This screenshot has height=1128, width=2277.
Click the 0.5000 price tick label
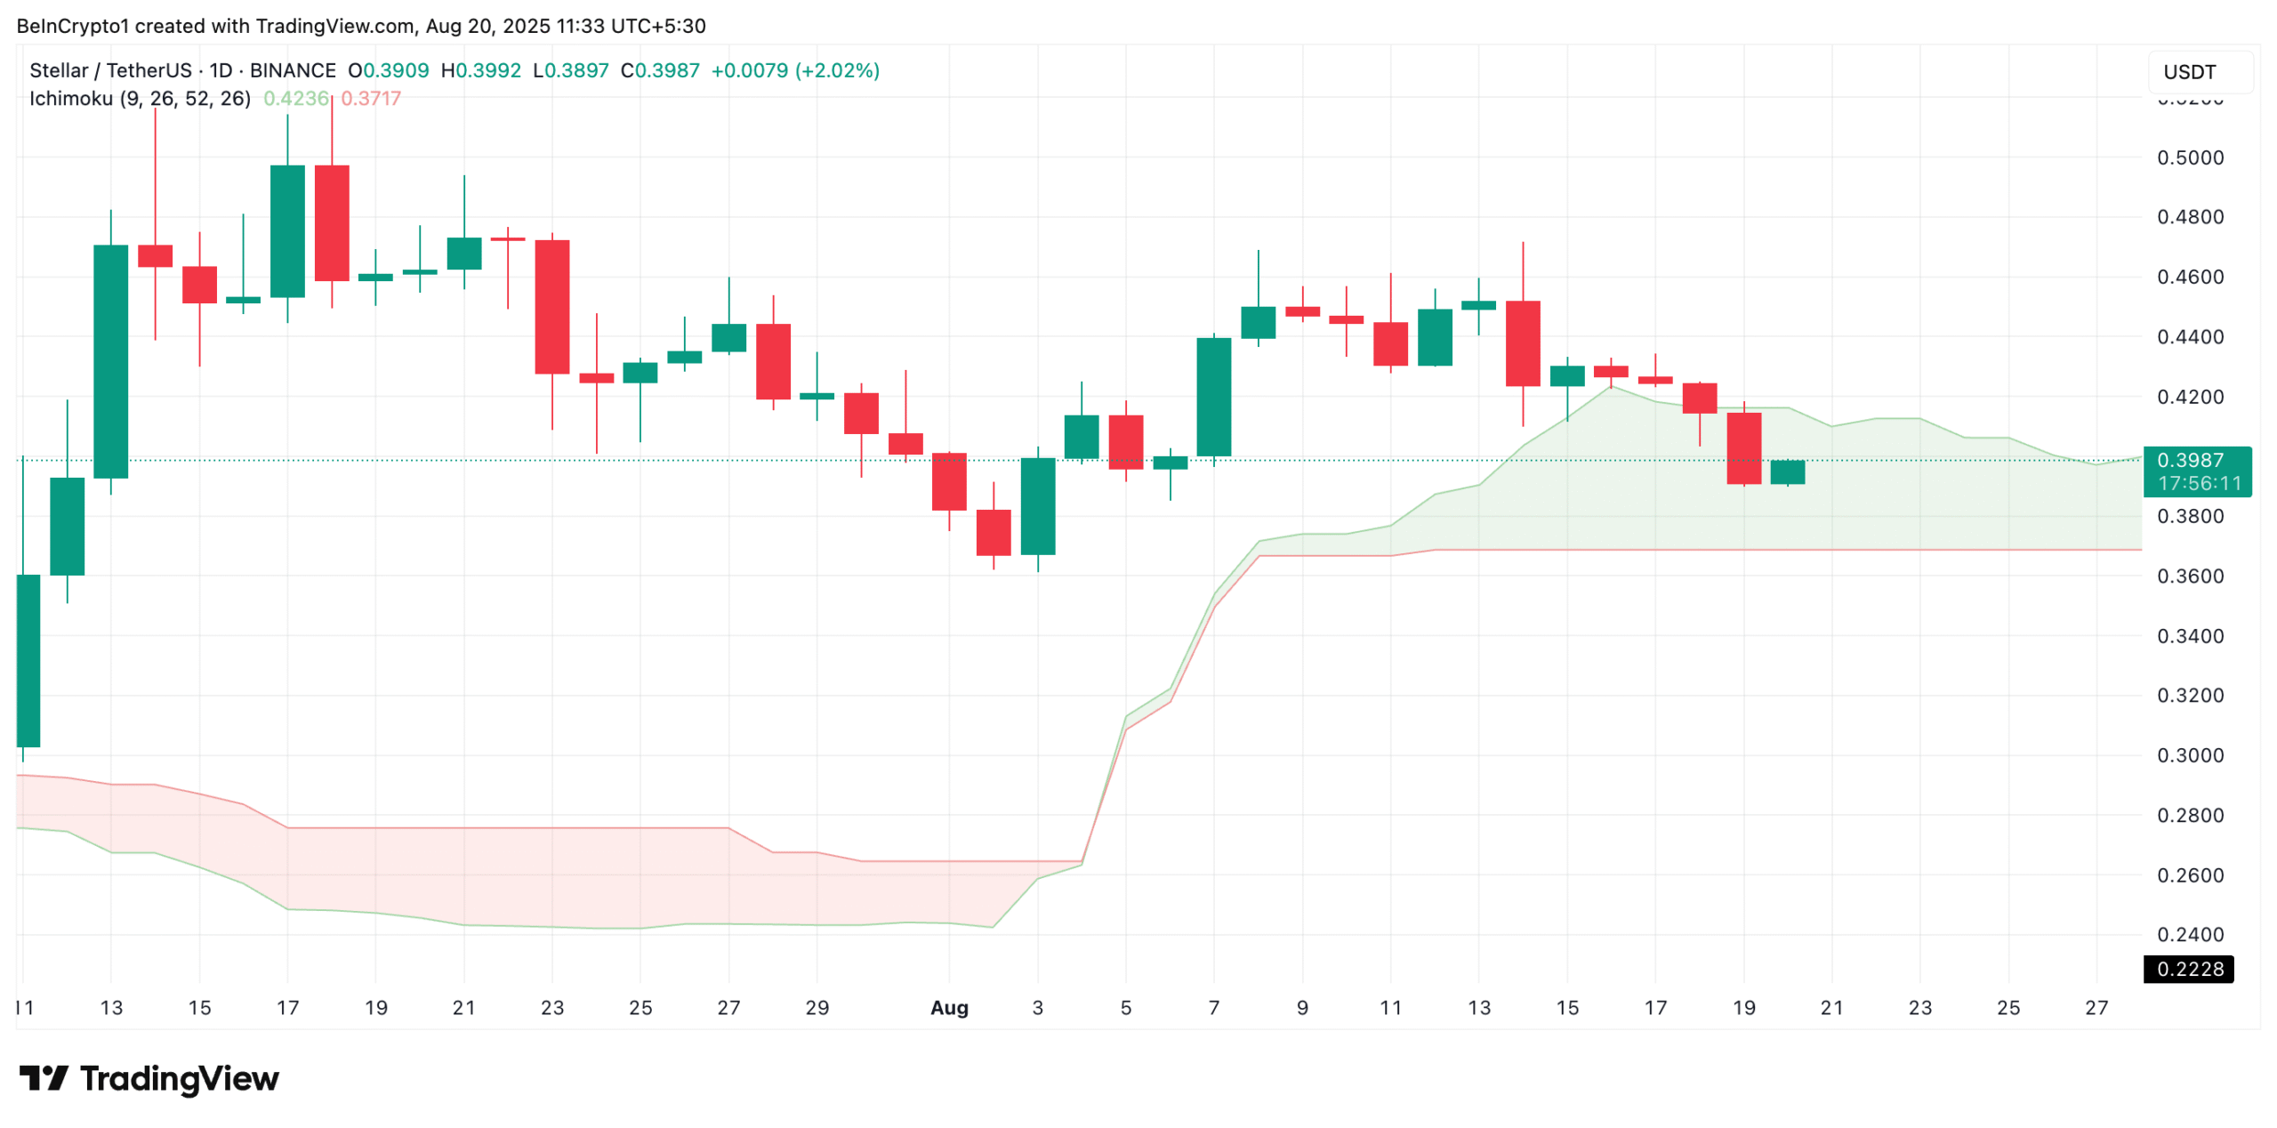2189,158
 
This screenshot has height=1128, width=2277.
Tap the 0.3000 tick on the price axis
2189,755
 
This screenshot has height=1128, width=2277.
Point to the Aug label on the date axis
948,1007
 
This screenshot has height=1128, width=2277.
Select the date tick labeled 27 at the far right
2096,1007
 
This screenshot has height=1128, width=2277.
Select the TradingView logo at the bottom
149,1078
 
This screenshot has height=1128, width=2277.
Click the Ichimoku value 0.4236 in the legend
295,99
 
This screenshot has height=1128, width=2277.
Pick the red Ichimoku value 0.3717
371,99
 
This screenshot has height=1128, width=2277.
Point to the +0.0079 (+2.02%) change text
794,70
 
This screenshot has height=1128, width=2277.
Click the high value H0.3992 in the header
480,70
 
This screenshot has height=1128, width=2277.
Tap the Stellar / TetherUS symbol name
110,70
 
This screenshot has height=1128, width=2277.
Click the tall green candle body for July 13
111,360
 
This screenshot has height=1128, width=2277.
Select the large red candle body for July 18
332,222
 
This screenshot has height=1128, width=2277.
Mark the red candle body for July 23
551,306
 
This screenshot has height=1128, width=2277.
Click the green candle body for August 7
1213,397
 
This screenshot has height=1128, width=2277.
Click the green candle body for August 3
1037,505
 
